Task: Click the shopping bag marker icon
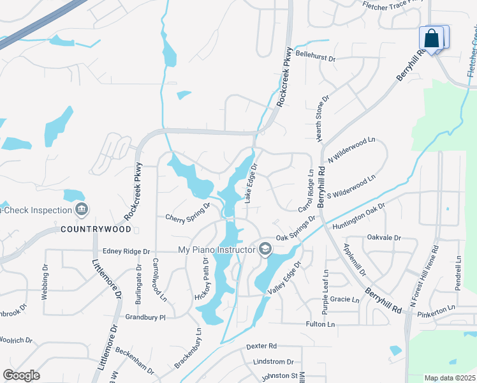click(x=432, y=38)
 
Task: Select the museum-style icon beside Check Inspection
click(x=81, y=209)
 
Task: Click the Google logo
click(x=21, y=375)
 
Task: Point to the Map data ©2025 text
click(x=449, y=378)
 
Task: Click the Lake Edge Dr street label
click(x=250, y=184)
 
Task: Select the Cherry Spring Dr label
click(x=187, y=212)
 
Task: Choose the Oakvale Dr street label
click(x=384, y=237)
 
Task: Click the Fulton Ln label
click(x=321, y=324)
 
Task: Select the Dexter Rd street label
click(x=261, y=346)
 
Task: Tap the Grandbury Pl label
click(x=145, y=317)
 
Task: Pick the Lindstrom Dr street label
click(x=273, y=361)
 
